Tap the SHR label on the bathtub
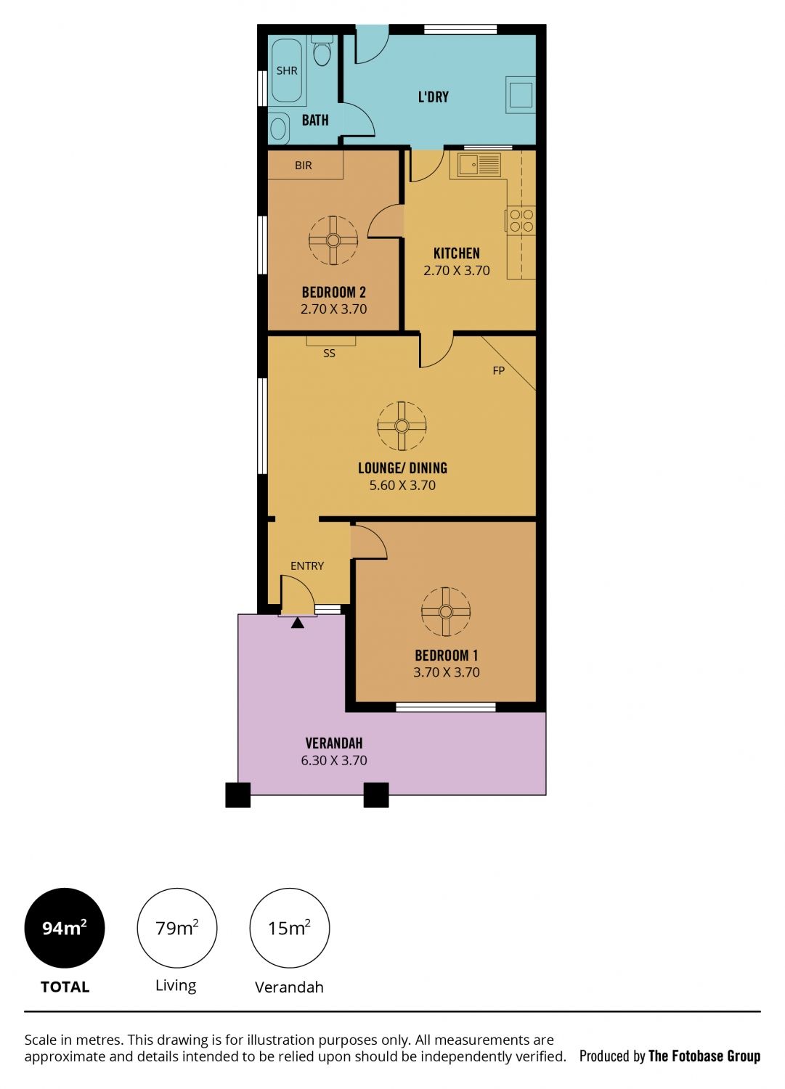click(x=287, y=71)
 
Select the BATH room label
click(x=315, y=120)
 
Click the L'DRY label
click(x=434, y=97)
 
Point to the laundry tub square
click(x=521, y=95)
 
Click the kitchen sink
click(x=479, y=165)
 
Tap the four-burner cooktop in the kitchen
click(x=521, y=220)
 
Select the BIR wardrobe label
click(x=303, y=166)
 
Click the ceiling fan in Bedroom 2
click(x=333, y=240)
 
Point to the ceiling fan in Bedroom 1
click(x=446, y=611)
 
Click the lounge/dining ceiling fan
click(x=402, y=426)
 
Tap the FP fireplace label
click(x=499, y=371)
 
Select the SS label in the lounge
click(x=329, y=354)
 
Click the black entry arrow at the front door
click(x=298, y=623)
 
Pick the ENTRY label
click(x=307, y=566)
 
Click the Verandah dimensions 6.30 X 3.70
click(x=334, y=760)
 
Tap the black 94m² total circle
click(x=65, y=928)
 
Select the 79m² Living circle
click(x=177, y=928)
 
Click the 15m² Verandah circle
click(x=290, y=928)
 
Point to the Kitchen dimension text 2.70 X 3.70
click(x=457, y=271)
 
